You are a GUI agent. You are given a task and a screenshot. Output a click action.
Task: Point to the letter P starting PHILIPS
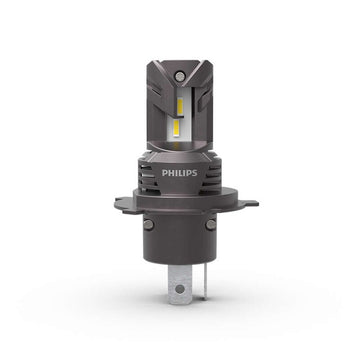(x=166, y=172)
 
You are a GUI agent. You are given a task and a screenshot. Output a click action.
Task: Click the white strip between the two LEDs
(x=178, y=113)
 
